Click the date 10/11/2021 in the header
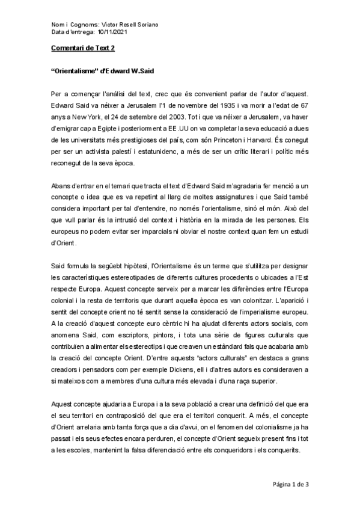pos(111,32)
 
